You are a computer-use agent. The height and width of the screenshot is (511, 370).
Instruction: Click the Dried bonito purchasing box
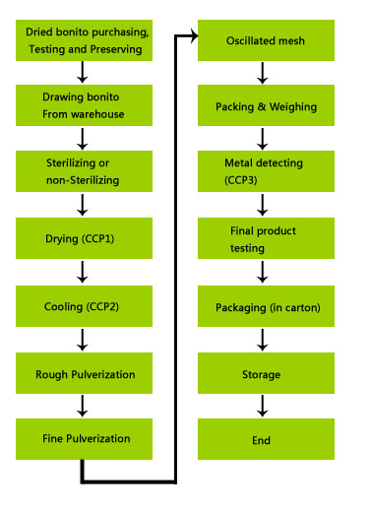pyautogui.click(x=84, y=40)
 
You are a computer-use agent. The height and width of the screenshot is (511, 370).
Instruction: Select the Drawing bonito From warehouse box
pyautogui.click(x=84, y=105)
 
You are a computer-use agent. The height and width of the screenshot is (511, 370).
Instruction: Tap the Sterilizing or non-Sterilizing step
pyautogui.click(x=84, y=171)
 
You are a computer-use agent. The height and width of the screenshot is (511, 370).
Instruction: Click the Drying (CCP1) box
pyautogui.click(x=84, y=238)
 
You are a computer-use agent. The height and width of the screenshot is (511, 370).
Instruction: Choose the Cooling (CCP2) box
pyautogui.click(x=84, y=306)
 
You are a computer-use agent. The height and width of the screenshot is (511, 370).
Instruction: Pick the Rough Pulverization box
pyautogui.click(x=84, y=373)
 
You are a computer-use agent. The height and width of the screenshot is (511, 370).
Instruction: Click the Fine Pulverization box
pyautogui.click(x=84, y=438)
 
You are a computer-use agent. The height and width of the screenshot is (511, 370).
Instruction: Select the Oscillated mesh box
pyautogui.click(x=266, y=40)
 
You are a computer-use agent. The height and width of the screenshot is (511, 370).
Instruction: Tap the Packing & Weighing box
pyautogui.click(x=266, y=105)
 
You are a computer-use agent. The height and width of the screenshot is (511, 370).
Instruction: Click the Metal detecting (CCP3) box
pyautogui.click(x=266, y=171)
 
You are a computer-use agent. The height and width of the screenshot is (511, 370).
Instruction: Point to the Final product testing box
pyautogui.click(x=266, y=238)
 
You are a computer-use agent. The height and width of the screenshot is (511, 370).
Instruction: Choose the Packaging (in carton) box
pyautogui.click(x=266, y=306)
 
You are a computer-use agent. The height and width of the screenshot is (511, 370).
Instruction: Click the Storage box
pyautogui.click(x=266, y=373)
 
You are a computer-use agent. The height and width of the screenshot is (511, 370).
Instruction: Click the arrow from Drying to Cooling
pyautogui.click(x=84, y=272)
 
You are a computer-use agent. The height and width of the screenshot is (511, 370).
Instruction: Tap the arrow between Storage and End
pyautogui.click(x=262, y=406)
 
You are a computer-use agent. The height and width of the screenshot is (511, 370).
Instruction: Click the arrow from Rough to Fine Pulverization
pyautogui.click(x=84, y=406)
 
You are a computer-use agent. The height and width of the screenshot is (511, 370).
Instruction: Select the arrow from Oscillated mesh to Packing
pyautogui.click(x=262, y=73)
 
